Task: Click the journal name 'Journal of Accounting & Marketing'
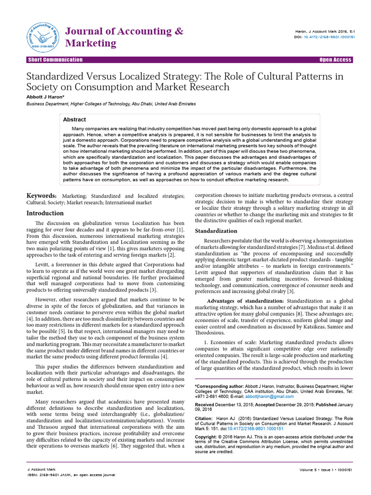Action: click(124, 37)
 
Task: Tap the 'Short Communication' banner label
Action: click(55, 60)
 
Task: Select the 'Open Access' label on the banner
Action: click(336, 60)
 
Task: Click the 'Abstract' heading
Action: click(74, 119)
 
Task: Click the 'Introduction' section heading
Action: click(44, 213)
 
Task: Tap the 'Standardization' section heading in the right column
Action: click(216, 231)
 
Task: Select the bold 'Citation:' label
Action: click(203, 418)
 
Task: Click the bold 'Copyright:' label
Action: click(206, 437)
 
